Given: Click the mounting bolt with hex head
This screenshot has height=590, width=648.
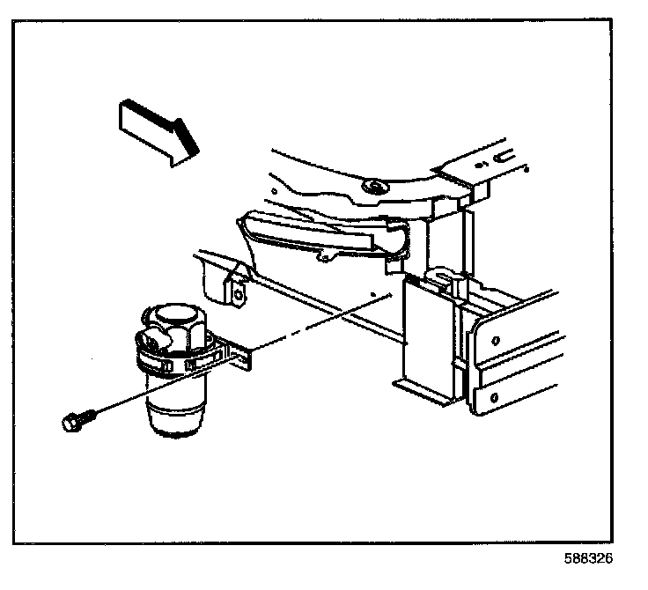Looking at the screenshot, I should point(72,422).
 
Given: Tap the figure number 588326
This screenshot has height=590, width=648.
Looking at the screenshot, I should point(587,558).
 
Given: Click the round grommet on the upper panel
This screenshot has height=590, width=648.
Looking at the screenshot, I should point(375,187).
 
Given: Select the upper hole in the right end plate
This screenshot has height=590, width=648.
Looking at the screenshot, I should point(498,339).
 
